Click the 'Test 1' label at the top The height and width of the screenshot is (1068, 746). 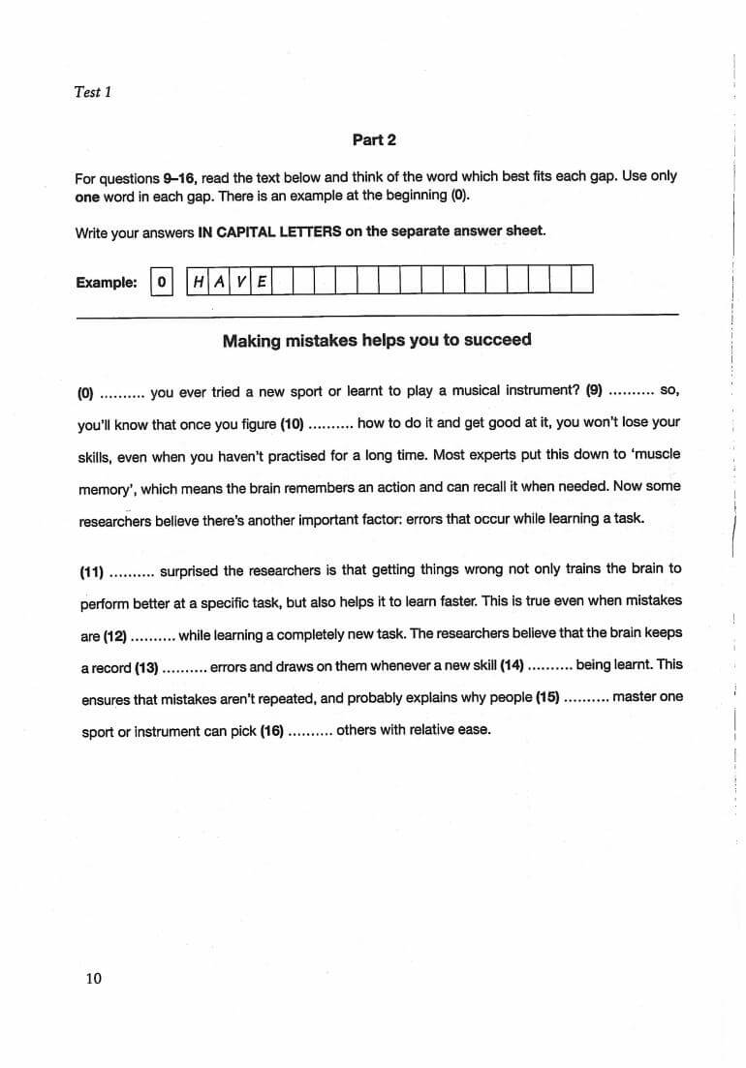pos(93,92)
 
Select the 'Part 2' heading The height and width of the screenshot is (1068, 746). pos(374,139)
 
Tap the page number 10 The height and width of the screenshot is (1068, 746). pos(93,978)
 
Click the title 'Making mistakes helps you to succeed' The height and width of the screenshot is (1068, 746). pos(377,340)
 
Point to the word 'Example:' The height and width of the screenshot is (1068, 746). pos(107,282)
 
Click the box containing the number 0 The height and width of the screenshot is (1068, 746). pos(162,282)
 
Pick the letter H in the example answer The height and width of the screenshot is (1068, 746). pos(198,282)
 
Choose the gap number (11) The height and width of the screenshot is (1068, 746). pos(92,570)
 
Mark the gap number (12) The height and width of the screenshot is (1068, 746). pos(115,635)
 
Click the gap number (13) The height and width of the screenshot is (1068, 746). pos(147,667)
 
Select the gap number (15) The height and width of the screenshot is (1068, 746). pos(547,697)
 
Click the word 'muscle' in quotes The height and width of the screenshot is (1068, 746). pos(658,454)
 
